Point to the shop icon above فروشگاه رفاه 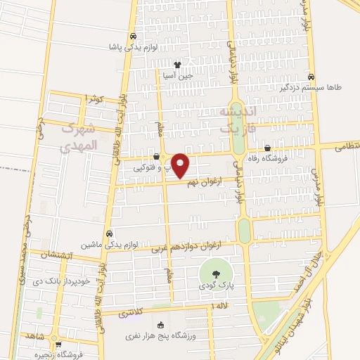pos(268,148)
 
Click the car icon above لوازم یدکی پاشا pos(133,37)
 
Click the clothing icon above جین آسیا pos(177,64)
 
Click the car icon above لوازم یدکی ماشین pos(110,233)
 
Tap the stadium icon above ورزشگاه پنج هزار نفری pos(161,325)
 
